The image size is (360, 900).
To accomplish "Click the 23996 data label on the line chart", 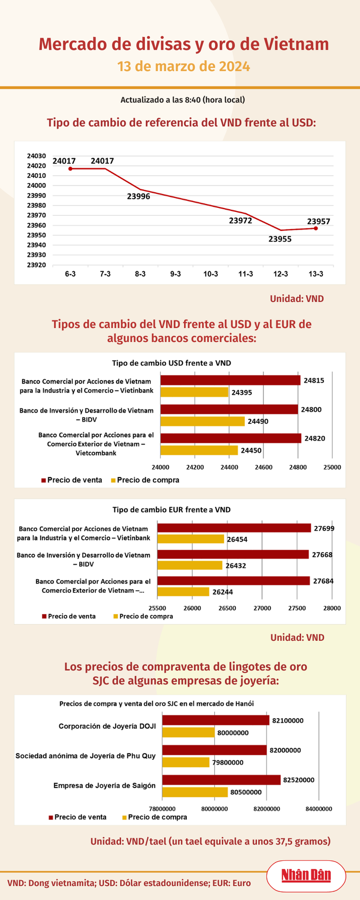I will tap(139, 197).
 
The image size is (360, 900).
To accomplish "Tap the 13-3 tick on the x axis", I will tap(316, 274).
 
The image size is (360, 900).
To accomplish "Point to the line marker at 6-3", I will tap(70, 169).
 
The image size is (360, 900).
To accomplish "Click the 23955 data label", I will tap(280, 239).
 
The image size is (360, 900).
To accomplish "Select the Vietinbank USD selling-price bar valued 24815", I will tap(230, 381).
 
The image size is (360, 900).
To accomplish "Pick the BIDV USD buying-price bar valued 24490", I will tap(202, 421).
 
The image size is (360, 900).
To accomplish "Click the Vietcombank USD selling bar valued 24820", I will tap(231, 438).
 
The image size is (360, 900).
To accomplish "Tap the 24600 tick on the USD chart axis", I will tap(263, 467).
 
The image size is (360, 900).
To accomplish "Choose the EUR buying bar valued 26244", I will tap(183, 591).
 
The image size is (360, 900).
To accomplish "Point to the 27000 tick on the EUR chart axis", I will tap(262, 608).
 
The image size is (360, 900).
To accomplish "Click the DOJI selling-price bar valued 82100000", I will tap(216, 720).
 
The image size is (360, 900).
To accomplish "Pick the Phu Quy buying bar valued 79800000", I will tap(186, 762).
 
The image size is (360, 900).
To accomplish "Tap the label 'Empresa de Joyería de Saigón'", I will tap(104, 786).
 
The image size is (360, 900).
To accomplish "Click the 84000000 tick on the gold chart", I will tap(319, 809).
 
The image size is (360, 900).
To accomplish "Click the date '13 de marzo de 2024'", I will tap(184, 67).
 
